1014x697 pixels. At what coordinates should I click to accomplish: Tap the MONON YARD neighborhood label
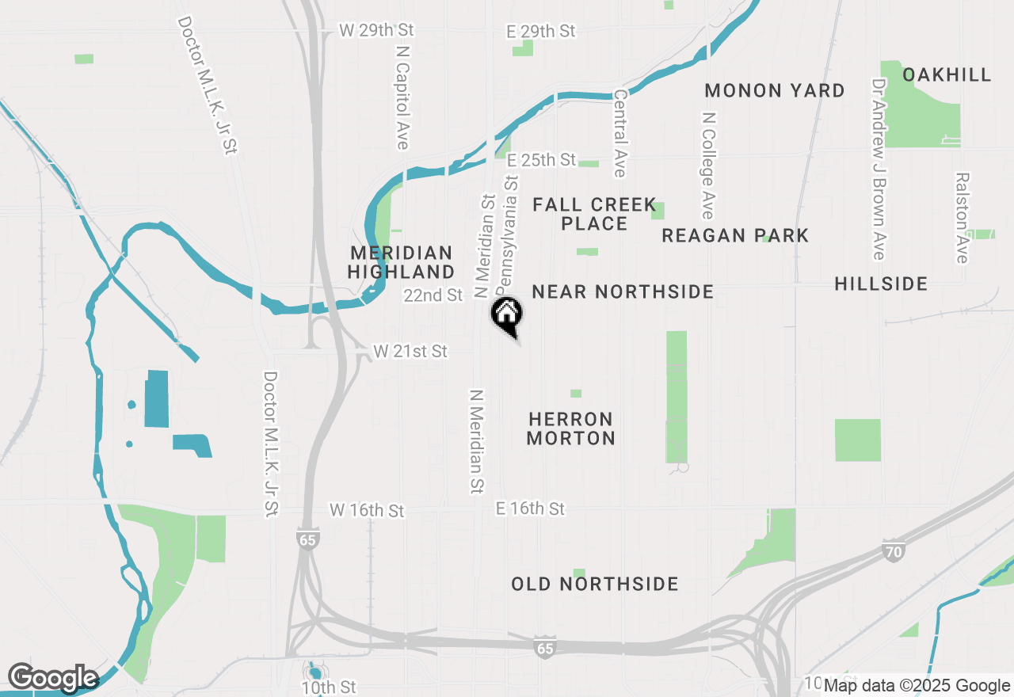774,90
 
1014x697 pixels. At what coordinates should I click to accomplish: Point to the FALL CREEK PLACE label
594,214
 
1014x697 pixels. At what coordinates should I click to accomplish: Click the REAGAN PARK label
735,235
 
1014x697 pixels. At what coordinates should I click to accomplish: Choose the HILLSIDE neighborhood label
881,284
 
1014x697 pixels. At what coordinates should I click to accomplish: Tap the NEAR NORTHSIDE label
623,291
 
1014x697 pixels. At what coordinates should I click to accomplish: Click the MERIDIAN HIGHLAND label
402,262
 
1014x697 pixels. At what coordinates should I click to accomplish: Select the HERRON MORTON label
570,428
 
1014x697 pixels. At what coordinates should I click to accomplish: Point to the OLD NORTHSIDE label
595,584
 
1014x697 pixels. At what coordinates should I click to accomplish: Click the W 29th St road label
376,30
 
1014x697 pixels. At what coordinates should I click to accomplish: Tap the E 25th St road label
542,160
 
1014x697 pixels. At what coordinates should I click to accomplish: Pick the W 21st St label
410,351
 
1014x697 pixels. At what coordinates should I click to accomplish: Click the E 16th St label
531,508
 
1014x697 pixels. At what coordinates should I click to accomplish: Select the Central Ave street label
619,133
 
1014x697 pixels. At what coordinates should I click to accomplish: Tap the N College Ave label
707,165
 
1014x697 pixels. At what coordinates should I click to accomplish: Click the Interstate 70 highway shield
893,550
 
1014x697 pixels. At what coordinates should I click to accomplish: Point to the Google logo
52,678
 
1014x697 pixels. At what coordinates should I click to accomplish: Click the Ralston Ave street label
962,218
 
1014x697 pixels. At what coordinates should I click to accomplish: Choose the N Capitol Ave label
402,97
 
